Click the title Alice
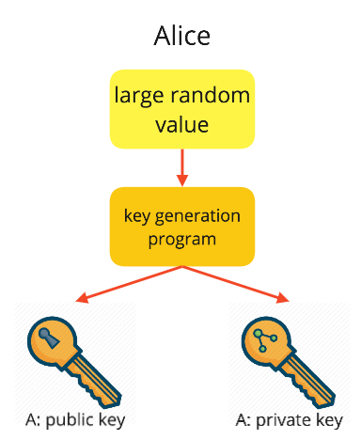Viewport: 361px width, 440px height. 181,36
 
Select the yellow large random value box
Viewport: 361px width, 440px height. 181,108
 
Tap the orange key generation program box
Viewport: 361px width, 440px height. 181,226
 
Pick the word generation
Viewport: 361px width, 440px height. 200,215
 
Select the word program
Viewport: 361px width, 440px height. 181,238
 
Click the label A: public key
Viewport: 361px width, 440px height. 75,419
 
